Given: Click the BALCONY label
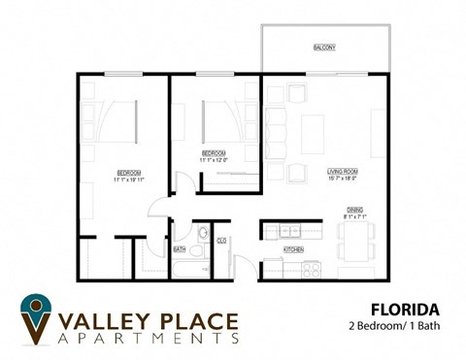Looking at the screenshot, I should (324, 48).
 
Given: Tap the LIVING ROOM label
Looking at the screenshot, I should (342, 171).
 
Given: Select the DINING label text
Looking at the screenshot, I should (355, 211).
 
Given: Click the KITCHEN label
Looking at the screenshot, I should (293, 249).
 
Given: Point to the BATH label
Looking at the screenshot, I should (180, 249).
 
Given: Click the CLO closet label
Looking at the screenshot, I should (221, 241).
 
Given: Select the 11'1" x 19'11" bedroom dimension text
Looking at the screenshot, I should (128, 180).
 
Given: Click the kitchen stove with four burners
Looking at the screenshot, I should (311, 270).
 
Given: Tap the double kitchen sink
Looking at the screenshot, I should (289, 232).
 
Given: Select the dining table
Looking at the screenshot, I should (355, 240).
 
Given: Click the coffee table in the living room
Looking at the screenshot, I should (312, 134).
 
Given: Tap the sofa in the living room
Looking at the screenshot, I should (275, 134).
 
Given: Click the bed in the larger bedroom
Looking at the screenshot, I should (115, 121).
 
